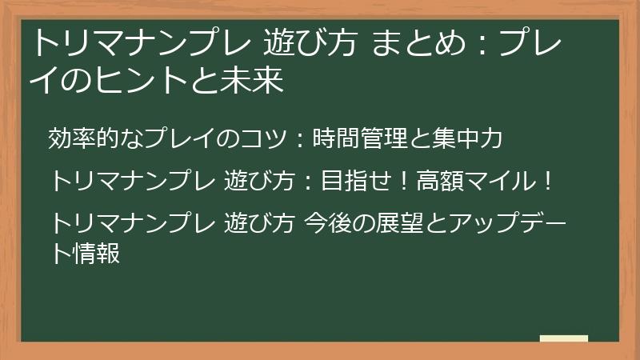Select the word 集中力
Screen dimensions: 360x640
point(469,138)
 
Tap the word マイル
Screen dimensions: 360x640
point(501,181)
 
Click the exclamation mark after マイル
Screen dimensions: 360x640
point(546,181)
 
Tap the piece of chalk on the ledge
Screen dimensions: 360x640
point(563,338)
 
